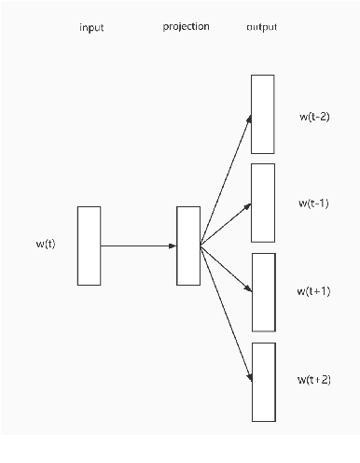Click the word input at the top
tap(91, 28)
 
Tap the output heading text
tap(262, 27)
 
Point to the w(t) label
tap(45, 245)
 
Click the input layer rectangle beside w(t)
tap(89, 246)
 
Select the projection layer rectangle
tap(188, 246)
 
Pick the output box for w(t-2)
tap(263, 114)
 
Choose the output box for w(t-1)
tap(263, 203)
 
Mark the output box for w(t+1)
tap(263, 291)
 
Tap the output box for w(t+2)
tap(263, 381)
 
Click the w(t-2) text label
tap(313, 117)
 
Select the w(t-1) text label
tap(313, 203)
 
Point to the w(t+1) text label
tap(314, 291)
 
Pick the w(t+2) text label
tap(314, 380)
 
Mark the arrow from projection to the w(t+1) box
tap(226, 268)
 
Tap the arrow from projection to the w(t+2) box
tap(226, 313)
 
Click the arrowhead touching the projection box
tap(173, 246)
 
